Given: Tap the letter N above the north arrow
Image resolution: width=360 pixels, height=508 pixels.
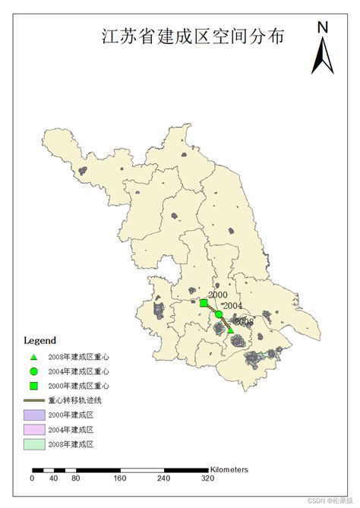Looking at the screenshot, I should point(323,27).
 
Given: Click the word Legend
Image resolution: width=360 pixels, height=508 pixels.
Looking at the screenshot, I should point(39,339).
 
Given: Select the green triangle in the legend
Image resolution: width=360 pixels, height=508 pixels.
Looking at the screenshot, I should point(33,356).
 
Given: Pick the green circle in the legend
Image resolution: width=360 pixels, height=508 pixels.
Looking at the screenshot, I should point(33,371).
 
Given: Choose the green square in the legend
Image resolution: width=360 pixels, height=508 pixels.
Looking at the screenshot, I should point(33,386).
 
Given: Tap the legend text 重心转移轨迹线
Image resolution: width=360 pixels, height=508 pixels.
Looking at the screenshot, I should point(76,400).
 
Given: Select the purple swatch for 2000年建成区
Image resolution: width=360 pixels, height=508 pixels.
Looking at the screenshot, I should point(35,415).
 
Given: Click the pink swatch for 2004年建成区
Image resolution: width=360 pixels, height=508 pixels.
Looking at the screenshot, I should point(35,429).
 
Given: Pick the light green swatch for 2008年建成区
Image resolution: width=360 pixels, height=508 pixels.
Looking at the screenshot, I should point(35,443).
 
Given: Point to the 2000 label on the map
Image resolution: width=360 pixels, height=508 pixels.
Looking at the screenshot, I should point(217,295).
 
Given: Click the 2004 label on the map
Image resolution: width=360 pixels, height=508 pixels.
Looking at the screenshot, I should point(232,306).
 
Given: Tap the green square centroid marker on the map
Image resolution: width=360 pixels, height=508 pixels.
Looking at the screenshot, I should point(204,304).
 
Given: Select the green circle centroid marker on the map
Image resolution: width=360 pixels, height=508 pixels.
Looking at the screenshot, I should point(219,314).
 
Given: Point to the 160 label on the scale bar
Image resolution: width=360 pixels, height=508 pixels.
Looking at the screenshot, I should point(119,479).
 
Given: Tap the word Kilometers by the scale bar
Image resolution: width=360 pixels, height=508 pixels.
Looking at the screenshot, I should point(229,470).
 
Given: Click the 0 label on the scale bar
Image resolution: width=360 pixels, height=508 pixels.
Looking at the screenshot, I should point(32,479).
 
